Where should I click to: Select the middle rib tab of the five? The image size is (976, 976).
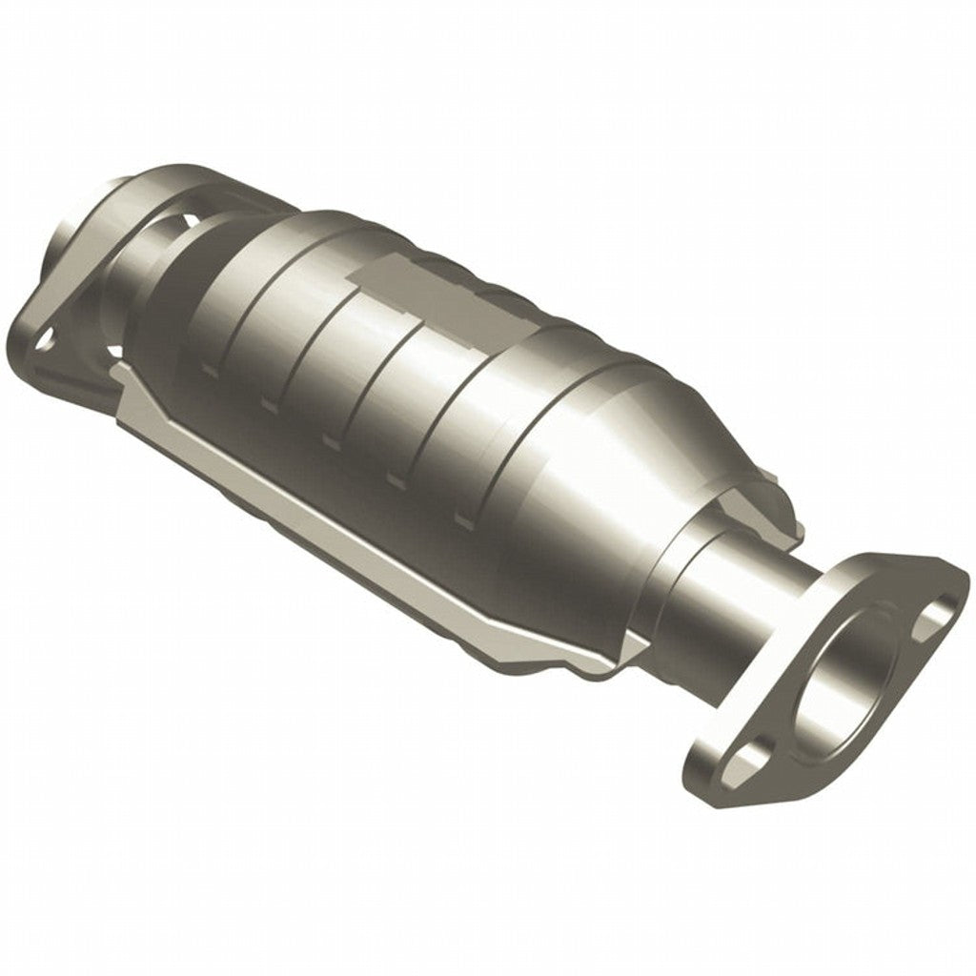coord(333,440)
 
